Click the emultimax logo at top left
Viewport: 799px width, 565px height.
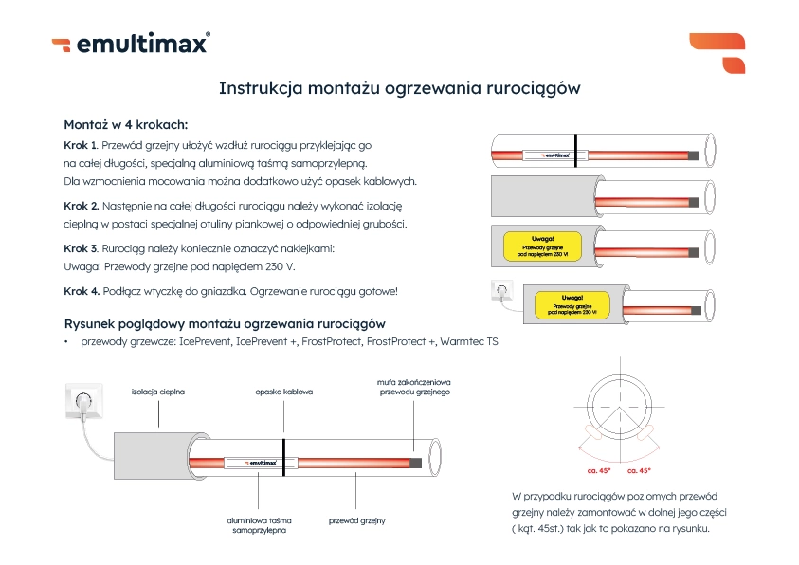pos(130,44)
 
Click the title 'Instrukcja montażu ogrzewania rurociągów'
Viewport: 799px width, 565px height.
pos(399,88)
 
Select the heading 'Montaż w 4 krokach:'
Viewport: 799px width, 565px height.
pos(125,124)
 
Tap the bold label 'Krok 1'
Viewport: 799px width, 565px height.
pos(81,146)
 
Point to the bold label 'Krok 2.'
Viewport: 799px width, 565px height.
pos(82,206)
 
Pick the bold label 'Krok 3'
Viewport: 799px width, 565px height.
pos(81,248)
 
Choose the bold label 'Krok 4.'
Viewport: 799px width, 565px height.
pos(82,291)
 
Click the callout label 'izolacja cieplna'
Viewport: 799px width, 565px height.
pos(157,391)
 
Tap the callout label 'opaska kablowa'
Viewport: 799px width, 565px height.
pos(283,391)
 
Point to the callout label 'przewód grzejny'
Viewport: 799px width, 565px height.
pos(356,520)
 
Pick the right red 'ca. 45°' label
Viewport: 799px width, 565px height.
pos(640,468)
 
